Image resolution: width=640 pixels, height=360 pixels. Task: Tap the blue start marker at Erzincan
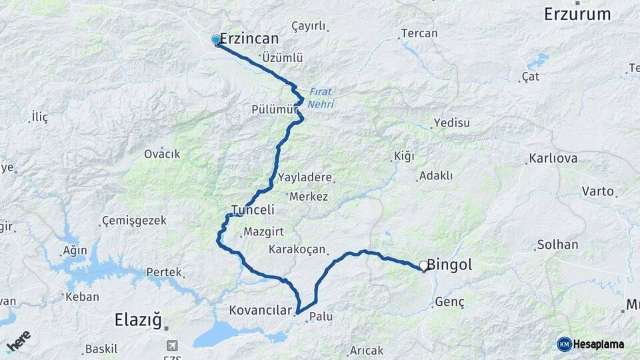coord(216,39)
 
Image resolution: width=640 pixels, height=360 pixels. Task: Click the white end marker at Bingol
coord(423,265)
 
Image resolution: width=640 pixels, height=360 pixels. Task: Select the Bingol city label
coord(450,265)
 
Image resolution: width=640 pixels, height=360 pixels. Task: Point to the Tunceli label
coord(253,210)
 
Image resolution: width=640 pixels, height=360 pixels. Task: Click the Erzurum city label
coord(577,14)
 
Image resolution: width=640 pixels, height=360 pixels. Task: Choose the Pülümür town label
coord(274,109)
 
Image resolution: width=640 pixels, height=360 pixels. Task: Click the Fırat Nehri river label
coord(321,98)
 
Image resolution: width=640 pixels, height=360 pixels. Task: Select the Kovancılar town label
coord(261,311)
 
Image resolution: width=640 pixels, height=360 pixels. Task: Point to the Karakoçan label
coord(297,249)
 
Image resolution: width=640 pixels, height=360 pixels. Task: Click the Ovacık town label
coord(162,154)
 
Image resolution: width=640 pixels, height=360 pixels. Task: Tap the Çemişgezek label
coord(134,220)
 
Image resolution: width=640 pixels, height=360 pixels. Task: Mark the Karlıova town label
coord(553,159)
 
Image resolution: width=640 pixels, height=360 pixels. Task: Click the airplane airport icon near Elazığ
coord(173,345)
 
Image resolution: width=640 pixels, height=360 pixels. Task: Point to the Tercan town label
coord(419,33)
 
